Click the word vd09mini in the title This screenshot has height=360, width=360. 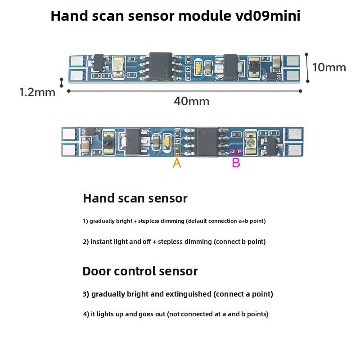tap(268, 16)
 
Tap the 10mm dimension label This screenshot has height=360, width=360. tap(329, 67)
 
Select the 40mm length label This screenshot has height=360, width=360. tap(191, 101)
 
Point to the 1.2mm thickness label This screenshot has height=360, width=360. tap(37, 92)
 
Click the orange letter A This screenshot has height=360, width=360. tap(177, 163)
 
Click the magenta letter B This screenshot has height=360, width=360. tap(236, 163)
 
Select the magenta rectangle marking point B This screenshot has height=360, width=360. tap(236, 152)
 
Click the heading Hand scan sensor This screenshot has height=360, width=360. tap(135, 198)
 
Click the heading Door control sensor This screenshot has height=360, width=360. tap(140, 271)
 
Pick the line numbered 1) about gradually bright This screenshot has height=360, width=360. tap(174, 221)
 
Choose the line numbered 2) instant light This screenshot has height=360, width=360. tap(174, 242)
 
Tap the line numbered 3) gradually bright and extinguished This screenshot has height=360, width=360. tap(178, 294)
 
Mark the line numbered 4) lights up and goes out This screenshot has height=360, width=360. tap(175, 314)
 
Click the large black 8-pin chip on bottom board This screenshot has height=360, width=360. tap(206, 142)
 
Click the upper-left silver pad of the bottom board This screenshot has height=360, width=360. tap(68, 134)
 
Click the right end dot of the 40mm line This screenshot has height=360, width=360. tap(300, 91)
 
